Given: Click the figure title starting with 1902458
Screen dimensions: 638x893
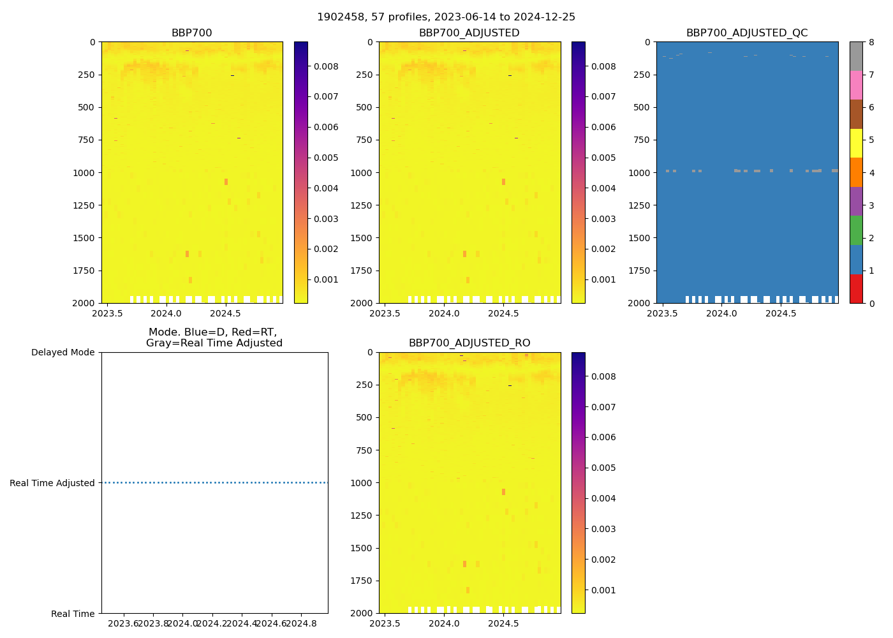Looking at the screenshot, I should (x=446, y=17).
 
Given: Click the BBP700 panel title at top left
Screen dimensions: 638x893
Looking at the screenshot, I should (x=191, y=33).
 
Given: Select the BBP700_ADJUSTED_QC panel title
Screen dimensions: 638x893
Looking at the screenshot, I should (x=746, y=33).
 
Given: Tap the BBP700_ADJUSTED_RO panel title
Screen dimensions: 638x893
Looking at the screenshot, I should (x=469, y=343).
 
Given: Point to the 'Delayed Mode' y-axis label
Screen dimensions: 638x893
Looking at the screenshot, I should (x=63, y=352).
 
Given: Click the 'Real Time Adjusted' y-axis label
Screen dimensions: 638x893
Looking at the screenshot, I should (x=52, y=483).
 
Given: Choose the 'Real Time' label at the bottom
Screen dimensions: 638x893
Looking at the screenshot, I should (x=73, y=614).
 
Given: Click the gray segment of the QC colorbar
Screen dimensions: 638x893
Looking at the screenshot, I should (x=856, y=56).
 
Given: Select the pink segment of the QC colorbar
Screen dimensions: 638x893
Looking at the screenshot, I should (x=856, y=85).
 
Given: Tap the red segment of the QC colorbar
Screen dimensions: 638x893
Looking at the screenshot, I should (x=856, y=288).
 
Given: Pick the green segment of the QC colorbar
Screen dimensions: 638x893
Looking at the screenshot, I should (x=856, y=230).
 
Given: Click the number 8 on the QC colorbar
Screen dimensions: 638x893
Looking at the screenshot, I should (x=871, y=43).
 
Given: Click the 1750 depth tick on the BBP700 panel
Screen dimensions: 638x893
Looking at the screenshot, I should (x=84, y=271).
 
